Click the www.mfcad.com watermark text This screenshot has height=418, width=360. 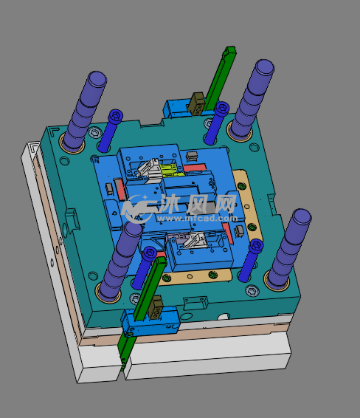197,219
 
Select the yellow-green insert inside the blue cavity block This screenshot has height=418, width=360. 171,171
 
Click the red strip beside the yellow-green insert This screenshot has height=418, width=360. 195,168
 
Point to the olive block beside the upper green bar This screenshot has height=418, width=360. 197,103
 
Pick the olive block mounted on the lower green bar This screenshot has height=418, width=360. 156,307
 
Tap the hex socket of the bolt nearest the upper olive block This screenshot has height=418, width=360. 222,108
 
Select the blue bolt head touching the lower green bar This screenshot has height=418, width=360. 149,253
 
